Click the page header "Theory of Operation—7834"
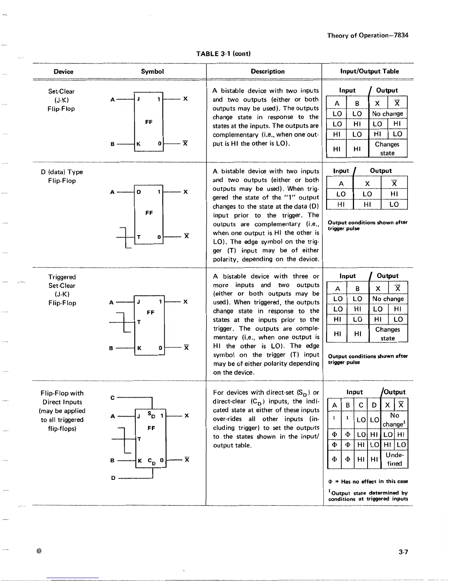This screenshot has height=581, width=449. tap(368, 35)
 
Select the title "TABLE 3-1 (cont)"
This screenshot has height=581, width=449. tap(223, 54)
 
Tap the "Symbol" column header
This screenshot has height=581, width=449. tap(152, 72)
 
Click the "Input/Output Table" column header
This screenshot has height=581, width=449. tap(369, 71)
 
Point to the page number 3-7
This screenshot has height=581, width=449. tap(403, 552)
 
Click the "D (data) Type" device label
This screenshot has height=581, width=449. tap(62, 172)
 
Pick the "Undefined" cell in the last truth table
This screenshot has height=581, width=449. tap(394, 459)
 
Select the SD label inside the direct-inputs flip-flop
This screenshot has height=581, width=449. tap(151, 415)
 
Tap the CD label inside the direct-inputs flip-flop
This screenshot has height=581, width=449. tap(151, 461)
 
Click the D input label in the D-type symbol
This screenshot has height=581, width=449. tap(139, 192)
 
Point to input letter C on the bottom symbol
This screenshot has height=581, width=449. tap(113, 398)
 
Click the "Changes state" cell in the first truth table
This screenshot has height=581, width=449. tap(387, 149)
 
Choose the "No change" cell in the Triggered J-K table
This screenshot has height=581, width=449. tap(388, 299)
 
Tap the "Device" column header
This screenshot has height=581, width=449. tap(63, 72)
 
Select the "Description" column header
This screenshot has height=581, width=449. tap(267, 72)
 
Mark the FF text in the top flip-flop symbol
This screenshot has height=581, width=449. tap(149, 122)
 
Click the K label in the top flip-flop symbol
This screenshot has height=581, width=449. tap(139, 144)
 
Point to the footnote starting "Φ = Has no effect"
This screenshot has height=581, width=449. tap(368, 482)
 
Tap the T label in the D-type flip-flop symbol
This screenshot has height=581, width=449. tap(139, 237)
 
